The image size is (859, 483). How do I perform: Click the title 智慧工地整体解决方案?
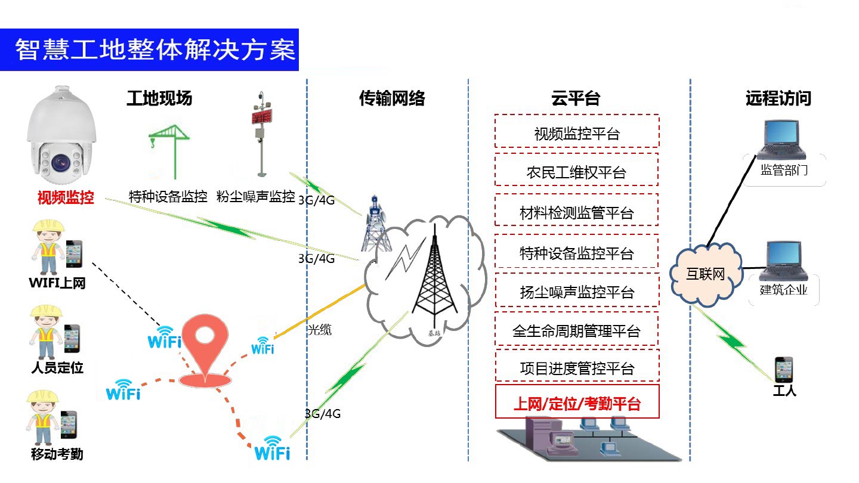pyautogui.click(x=155, y=50)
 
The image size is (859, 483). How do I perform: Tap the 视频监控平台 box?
pyautogui.click(x=577, y=132)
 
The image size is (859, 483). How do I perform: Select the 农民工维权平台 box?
pyautogui.click(x=577, y=172)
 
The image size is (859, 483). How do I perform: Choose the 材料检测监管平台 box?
pyautogui.click(x=577, y=212)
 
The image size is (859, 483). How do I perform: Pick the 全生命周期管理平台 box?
pyautogui.click(x=577, y=330)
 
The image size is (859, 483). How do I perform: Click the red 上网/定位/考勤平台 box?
pyautogui.click(x=577, y=404)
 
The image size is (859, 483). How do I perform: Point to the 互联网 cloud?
pyautogui.click(x=706, y=274)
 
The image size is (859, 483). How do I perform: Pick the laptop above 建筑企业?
pyautogui.click(x=782, y=260)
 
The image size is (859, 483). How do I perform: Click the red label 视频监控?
pyautogui.click(x=66, y=197)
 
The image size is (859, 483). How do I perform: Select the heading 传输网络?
pyautogui.click(x=392, y=98)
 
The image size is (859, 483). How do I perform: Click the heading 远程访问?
pyautogui.click(x=778, y=98)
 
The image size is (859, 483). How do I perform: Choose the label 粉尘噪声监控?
pyautogui.click(x=256, y=196)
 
